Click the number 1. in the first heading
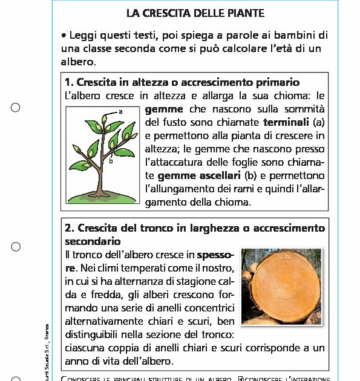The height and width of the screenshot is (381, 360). pos(69,82)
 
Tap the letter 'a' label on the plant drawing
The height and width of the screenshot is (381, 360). pos(120,111)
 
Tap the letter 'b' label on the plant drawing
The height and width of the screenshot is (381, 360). pos(111,161)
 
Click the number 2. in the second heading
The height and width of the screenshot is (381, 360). pos(69,228)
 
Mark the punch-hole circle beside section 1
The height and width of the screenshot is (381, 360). pos(16,108)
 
